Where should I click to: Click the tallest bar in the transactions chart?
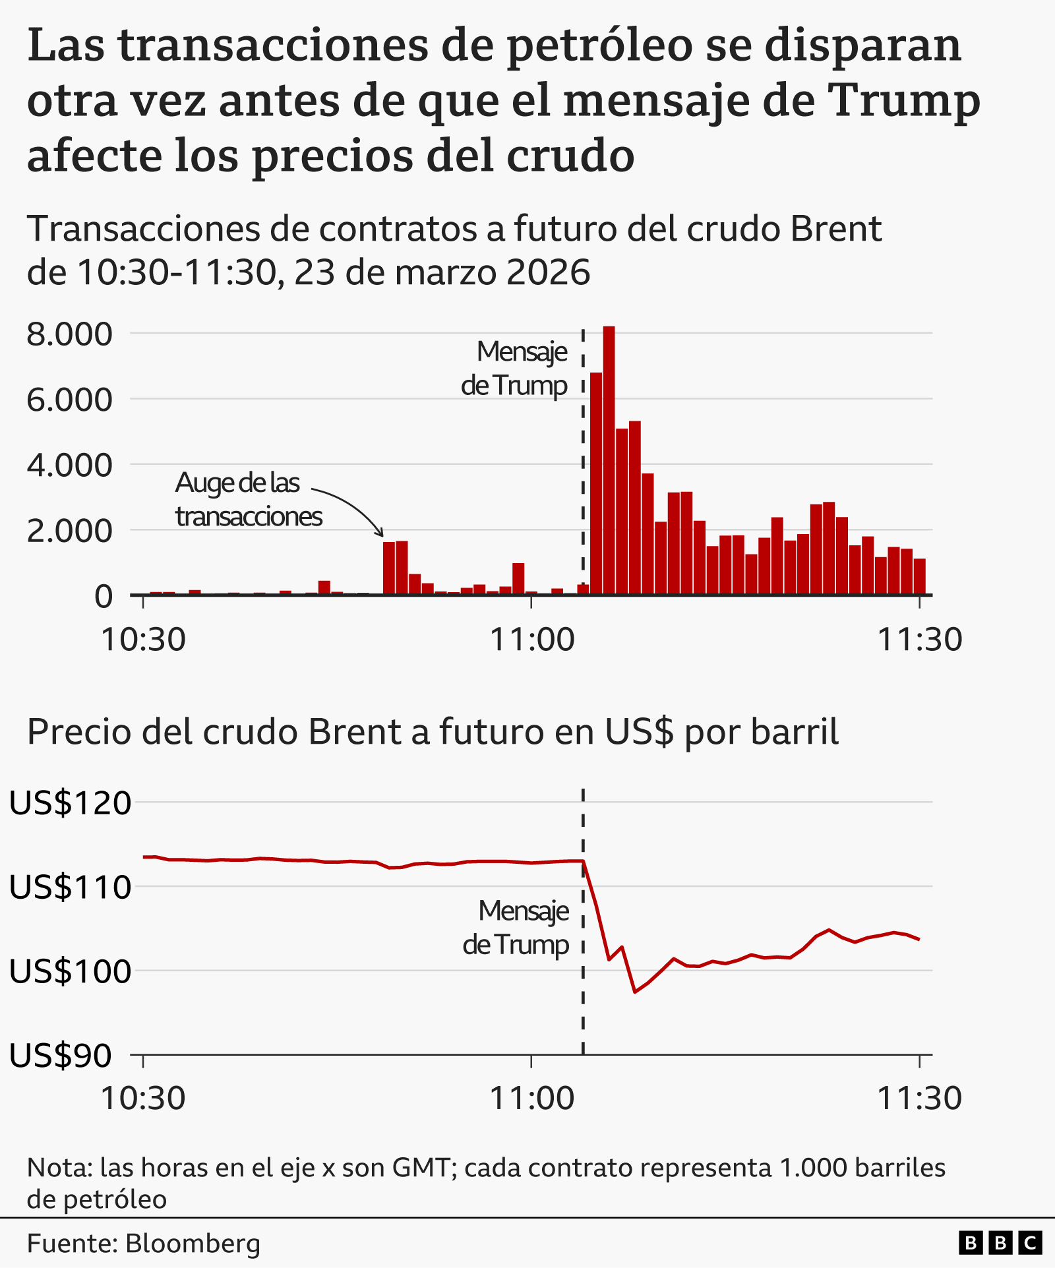tap(609, 462)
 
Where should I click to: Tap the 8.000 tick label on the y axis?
tap(69, 334)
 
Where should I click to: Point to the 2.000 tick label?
tap(69, 531)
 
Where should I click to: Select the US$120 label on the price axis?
tap(70, 803)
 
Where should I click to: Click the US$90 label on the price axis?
tap(61, 1056)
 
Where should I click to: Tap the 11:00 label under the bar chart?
tap(531, 639)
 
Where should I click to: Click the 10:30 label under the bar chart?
tap(143, 639)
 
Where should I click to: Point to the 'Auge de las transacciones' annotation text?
tap(248, 500)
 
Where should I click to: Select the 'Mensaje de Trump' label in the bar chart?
tap(514, 369)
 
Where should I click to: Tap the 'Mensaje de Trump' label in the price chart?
tap(516, 928)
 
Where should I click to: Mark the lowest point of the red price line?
tap(634, 991)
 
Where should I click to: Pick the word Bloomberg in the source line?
tap(193, 1244)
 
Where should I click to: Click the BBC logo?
tap(1000, 1244)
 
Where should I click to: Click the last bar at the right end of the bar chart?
tap(919, 577)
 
